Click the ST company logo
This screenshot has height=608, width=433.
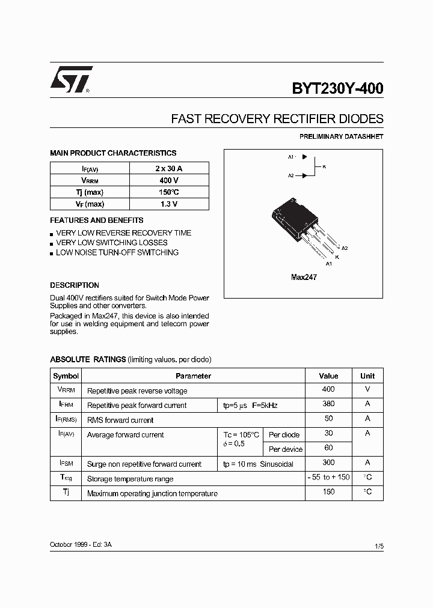click(x=71, y=79)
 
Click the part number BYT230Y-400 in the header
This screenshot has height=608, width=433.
click(x=337, y=89)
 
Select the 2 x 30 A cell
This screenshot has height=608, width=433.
click(x=169, y=168)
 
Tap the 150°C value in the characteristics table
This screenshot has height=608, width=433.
click(x=169, y=192)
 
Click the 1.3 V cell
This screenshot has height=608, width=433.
click(x=169, y=204)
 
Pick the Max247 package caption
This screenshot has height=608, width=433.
click(x=304, y=278)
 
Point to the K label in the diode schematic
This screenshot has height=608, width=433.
click(x=324, y=166)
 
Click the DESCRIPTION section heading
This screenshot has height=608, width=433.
click(x=75, y=285)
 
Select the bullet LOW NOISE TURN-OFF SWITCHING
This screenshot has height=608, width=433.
click(x=117, y=253)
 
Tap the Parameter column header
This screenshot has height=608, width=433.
click(x=193, y=376)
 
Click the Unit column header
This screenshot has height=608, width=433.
click(x=367, y=376)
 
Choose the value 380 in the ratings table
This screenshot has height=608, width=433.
click(x=328, y=404)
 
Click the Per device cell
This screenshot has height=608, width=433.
click(x=286, y=449)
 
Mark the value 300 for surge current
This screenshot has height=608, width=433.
click(x=328, y=463)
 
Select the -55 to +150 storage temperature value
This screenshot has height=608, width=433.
click(x=328, y=478)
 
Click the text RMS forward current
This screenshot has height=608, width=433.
click(x=120, y=420)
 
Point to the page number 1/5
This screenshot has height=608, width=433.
click(x=378, y=546)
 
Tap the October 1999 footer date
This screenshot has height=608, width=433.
click(x=67, y=544)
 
